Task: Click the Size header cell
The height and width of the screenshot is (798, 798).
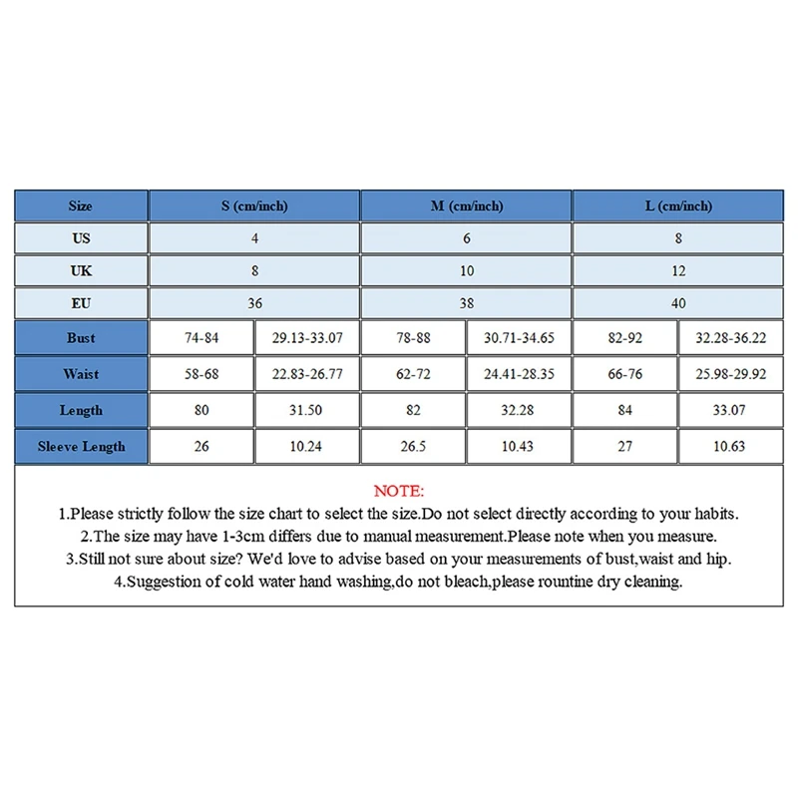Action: click(81, 206)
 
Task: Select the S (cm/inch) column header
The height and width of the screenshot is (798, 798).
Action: click(254, 206)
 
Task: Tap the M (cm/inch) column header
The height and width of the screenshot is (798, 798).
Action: click(467, 206)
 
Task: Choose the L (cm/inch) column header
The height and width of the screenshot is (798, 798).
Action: click(678, 206)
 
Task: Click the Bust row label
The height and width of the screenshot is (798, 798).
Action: click(81, 338)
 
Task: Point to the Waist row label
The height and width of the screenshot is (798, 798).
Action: click(81, 374)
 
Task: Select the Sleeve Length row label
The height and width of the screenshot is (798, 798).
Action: click(81, 446)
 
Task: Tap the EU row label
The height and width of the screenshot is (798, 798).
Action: click(81, 302)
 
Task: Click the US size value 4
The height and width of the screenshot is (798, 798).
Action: click(254, 238)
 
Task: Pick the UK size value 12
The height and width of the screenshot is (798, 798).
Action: click(678, 270)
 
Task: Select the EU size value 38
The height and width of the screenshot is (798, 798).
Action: click(467, 302)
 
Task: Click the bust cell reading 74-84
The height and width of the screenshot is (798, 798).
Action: click(201, 338)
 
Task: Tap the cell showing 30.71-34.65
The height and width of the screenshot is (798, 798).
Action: click(519, 338)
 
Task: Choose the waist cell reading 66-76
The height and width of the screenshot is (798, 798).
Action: click(624, 374)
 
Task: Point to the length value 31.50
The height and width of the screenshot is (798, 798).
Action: click(306, 410)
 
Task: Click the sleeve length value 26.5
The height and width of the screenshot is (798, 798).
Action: click(413, 446)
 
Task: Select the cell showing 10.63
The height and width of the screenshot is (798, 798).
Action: click(730, 446)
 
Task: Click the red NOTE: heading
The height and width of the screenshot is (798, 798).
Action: click(398, 491)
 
